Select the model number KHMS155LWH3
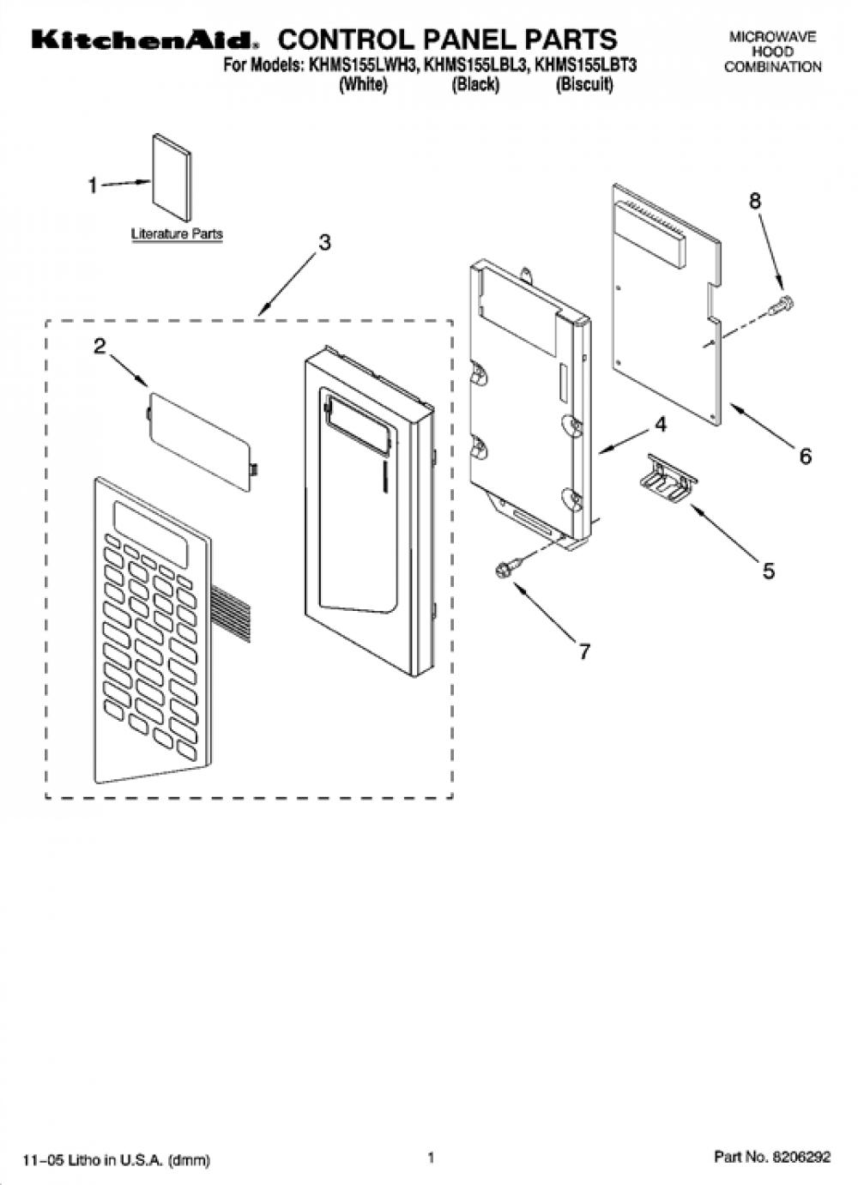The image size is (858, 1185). (364, 65)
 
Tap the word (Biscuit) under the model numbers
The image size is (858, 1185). (584, 85)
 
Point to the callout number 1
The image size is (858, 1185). (94, 186)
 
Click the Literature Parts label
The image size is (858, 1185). (177, 234)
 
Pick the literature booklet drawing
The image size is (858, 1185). (172, 178)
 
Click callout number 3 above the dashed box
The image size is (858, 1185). (324, 242)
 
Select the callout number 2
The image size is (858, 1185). (100, 347)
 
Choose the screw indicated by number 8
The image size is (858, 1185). (784, 305)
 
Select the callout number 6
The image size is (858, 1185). (805, 456)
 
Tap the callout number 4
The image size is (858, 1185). (661, 425)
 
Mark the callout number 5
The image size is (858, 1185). (769, 571)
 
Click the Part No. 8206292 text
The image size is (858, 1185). (772, 1157)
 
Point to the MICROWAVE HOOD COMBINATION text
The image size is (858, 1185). (773, 52)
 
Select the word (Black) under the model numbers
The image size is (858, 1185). (475, 85)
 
